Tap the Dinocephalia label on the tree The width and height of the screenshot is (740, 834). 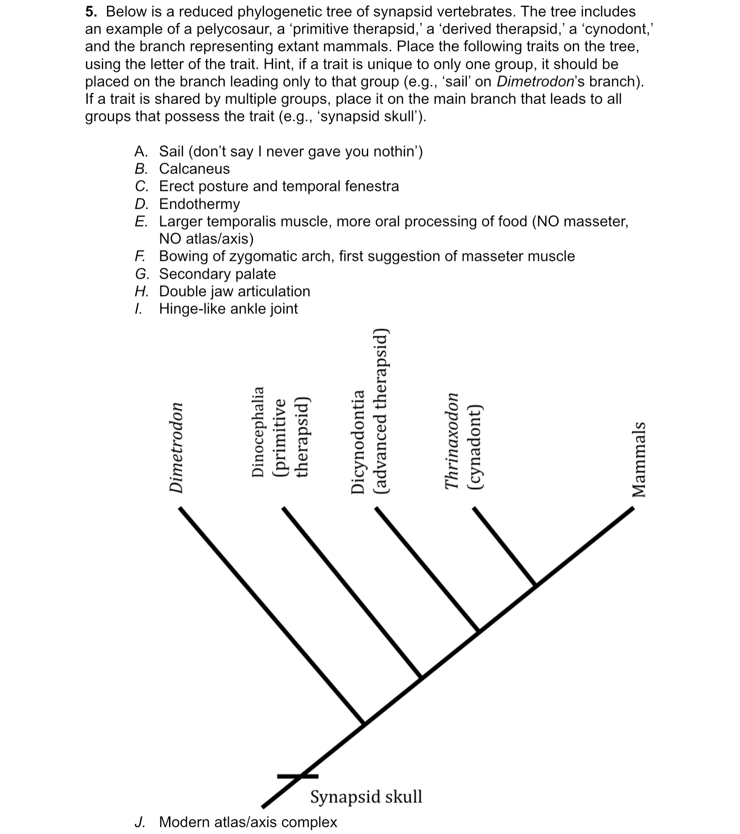[x=258, y=432]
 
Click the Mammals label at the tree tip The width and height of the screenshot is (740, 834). [x=639, y=459]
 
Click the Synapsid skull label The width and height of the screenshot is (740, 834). [x=366, y=797]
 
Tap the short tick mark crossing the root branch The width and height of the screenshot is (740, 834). [x=298, y=776]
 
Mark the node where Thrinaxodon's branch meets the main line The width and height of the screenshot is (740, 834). [x=536, y=585]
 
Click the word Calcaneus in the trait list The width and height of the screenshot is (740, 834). [x=194, y=169]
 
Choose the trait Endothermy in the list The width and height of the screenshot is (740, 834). [x=199, y=204]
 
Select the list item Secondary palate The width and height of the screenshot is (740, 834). [x=217, y=274]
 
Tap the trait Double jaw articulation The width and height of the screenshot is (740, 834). [x=234, y=292]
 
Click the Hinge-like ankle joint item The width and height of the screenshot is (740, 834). [x=228, y=309]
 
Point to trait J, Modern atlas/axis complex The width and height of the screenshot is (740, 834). [x=248, y=822]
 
